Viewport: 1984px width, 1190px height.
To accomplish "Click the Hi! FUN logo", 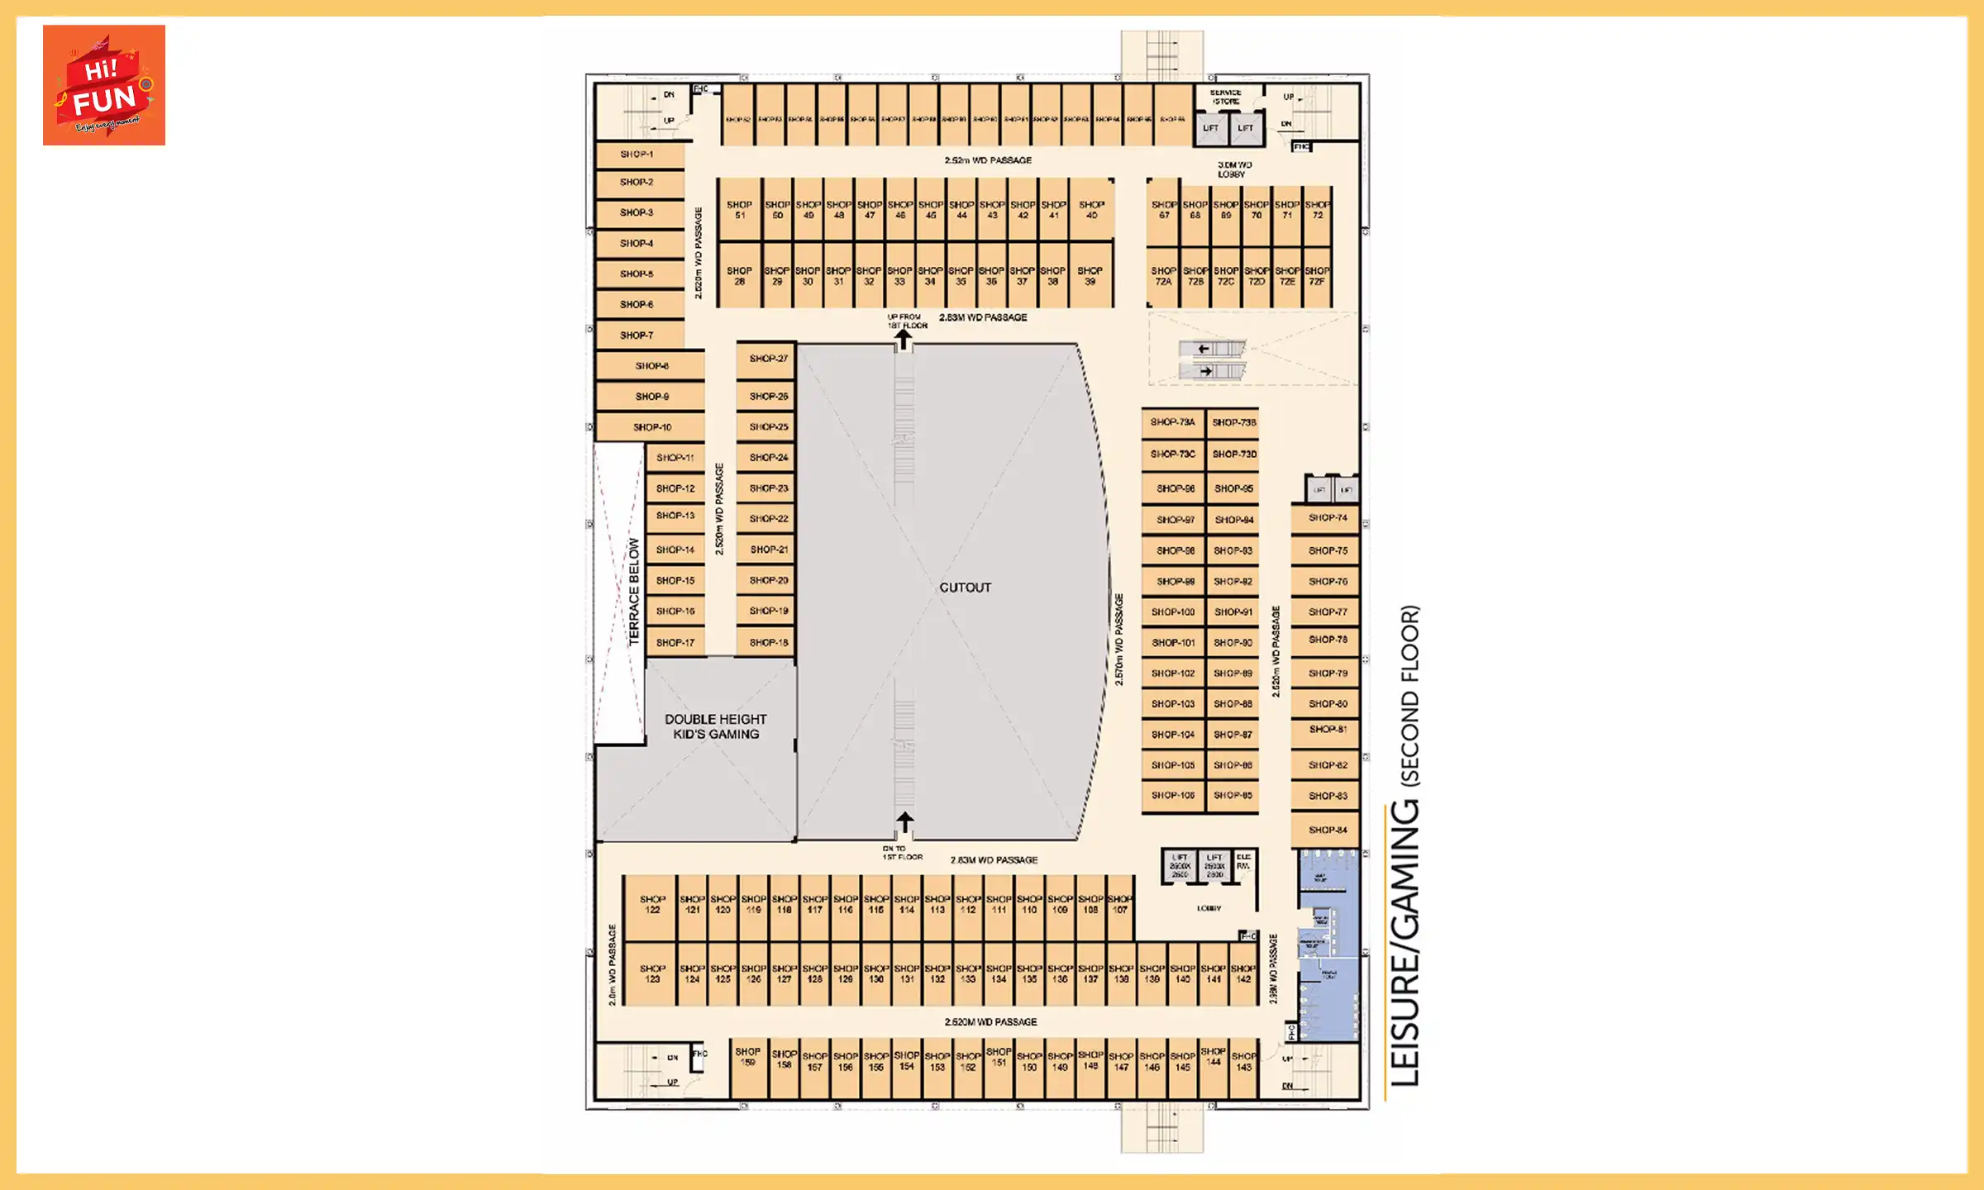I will pos(104,85).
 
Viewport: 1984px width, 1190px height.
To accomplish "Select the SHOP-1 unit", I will pos(638,155).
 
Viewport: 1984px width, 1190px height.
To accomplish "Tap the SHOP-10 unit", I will pos(651,427).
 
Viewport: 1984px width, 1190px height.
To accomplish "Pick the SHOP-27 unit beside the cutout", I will pos(767,359).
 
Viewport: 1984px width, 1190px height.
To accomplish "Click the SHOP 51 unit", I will pos(739,210).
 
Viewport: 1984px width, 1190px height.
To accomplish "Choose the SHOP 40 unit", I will pos(1091,210).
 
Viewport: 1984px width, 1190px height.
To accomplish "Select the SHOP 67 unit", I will pos(1163,210).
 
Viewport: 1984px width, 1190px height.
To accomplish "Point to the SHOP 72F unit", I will pos(1317,276).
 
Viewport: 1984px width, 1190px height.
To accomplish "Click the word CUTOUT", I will pos(965,588).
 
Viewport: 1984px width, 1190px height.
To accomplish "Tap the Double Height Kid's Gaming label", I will pos(716,726).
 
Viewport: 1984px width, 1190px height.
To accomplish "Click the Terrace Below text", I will pos(634,591).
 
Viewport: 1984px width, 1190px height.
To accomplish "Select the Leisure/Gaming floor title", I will pos(1405,847).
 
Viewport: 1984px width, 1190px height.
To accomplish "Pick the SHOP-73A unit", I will pos(1172,422).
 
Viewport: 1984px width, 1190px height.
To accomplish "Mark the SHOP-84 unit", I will pos(1327,830).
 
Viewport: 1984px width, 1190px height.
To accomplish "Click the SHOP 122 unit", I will pos(652,905).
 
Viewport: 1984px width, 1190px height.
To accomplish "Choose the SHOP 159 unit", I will pos(748,1058).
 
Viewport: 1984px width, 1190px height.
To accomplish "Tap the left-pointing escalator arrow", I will pos(1204,349).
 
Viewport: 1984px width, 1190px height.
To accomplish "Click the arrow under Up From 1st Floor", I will pos(904,338).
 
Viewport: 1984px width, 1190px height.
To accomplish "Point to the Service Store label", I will pos(1225,97).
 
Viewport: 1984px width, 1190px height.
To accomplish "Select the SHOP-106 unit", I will pos(1172,796).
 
